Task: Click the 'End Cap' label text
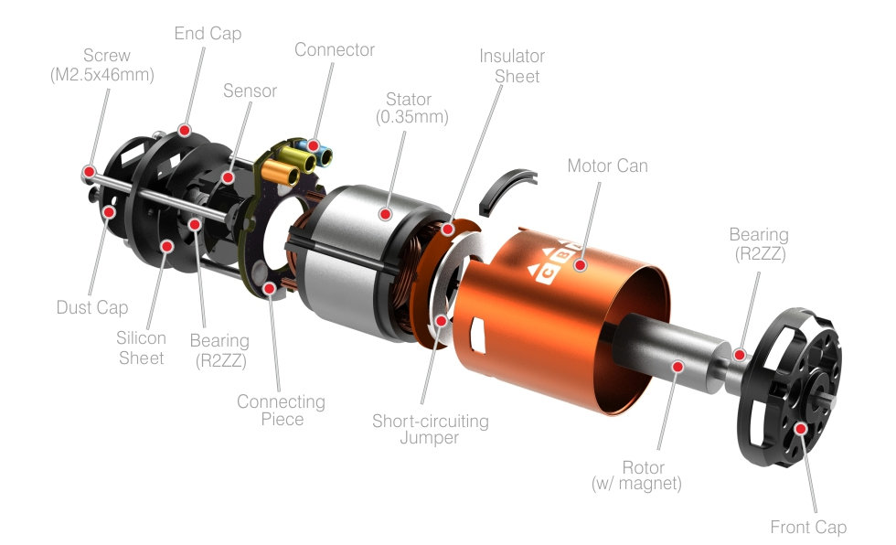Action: click(x=208, y=34)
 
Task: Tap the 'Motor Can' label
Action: click(x=607, y=166)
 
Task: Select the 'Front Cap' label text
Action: click(x=808, y=527)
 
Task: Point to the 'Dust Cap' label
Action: click(x=92, y=307)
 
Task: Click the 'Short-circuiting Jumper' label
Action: click(x=431, y=429)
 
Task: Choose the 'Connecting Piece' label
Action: click(x=282, y=411)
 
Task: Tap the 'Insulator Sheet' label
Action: click(x=512, y=66)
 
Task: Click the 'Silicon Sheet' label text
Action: click(x=141, y=347)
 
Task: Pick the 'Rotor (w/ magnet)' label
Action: click(x=636, y=476)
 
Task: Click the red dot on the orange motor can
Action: click(x=581, y=265)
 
